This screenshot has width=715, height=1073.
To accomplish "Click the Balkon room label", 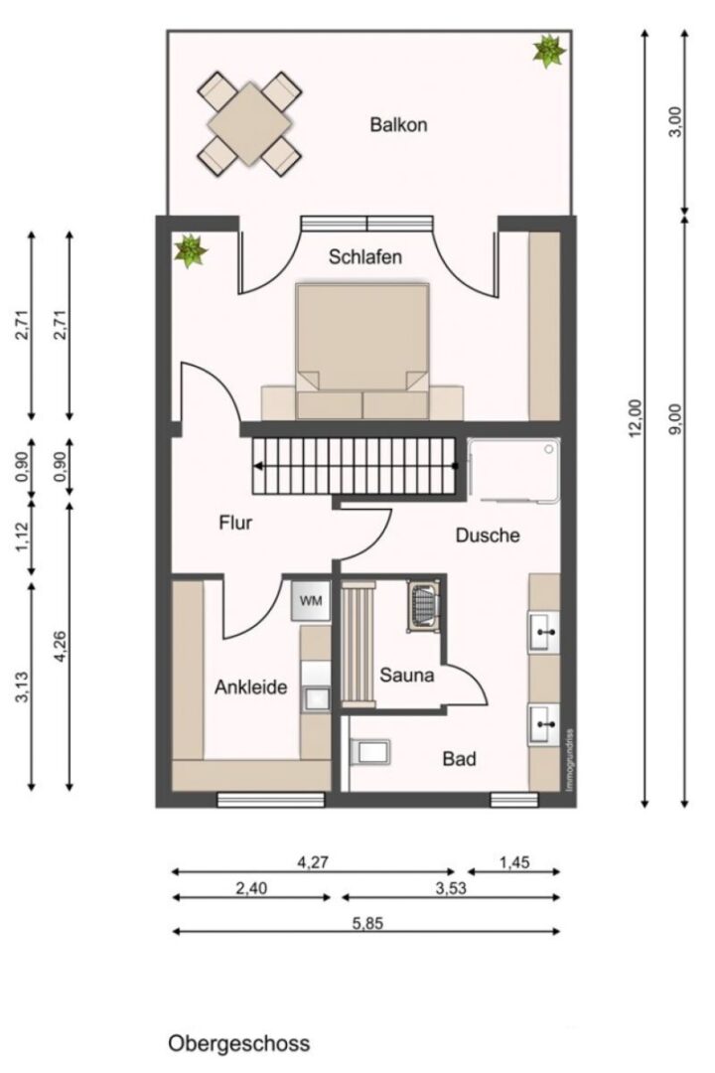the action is click(398, 124).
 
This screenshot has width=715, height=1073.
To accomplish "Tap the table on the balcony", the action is click(249, 124).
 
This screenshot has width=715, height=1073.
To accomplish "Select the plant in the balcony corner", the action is click(549, 52).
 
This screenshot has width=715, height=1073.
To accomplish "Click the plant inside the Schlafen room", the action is click(190, 250).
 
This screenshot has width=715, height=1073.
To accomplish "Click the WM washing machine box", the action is click(311, 601).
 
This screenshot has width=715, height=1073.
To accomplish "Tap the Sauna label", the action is click(406, 676).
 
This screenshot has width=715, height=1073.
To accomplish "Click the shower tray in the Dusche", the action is click(513, 471).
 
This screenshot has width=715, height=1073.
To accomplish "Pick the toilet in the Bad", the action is click(369, 753).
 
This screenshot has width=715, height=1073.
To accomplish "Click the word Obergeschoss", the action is click(238, 1043).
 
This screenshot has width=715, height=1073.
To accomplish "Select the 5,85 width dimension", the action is click(368, 923).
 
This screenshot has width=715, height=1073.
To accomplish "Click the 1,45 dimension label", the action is click(514, 863).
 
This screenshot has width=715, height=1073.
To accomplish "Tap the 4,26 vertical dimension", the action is click(61, 646).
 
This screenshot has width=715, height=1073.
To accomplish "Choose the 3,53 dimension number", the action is click(451, 888).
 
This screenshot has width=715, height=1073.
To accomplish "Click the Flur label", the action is click(235, 523).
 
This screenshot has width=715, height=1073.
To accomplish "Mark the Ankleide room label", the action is click(251, 688).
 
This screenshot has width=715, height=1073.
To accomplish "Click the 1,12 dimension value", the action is click(23, 537).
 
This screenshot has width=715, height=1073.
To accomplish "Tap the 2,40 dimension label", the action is click(251, 888).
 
